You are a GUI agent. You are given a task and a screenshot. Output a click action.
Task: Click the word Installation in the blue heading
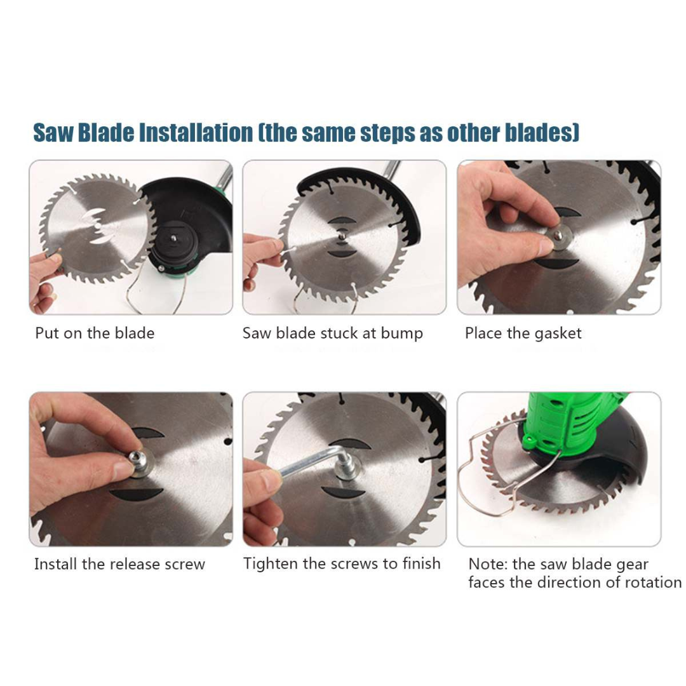click(196, 133)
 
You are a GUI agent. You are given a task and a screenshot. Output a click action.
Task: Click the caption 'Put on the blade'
click(95, 333)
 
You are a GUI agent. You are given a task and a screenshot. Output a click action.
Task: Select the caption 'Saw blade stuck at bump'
click(332, 333)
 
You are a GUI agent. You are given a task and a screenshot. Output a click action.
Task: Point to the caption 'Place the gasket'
click(523, 333)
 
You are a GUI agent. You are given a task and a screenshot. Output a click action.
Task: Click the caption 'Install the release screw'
click(119, 564)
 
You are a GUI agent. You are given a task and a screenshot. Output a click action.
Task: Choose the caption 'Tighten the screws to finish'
click(342, 563)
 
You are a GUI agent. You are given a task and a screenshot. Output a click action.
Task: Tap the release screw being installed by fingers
click(137, 460)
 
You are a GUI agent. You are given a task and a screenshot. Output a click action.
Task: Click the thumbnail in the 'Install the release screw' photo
click(123, 469)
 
